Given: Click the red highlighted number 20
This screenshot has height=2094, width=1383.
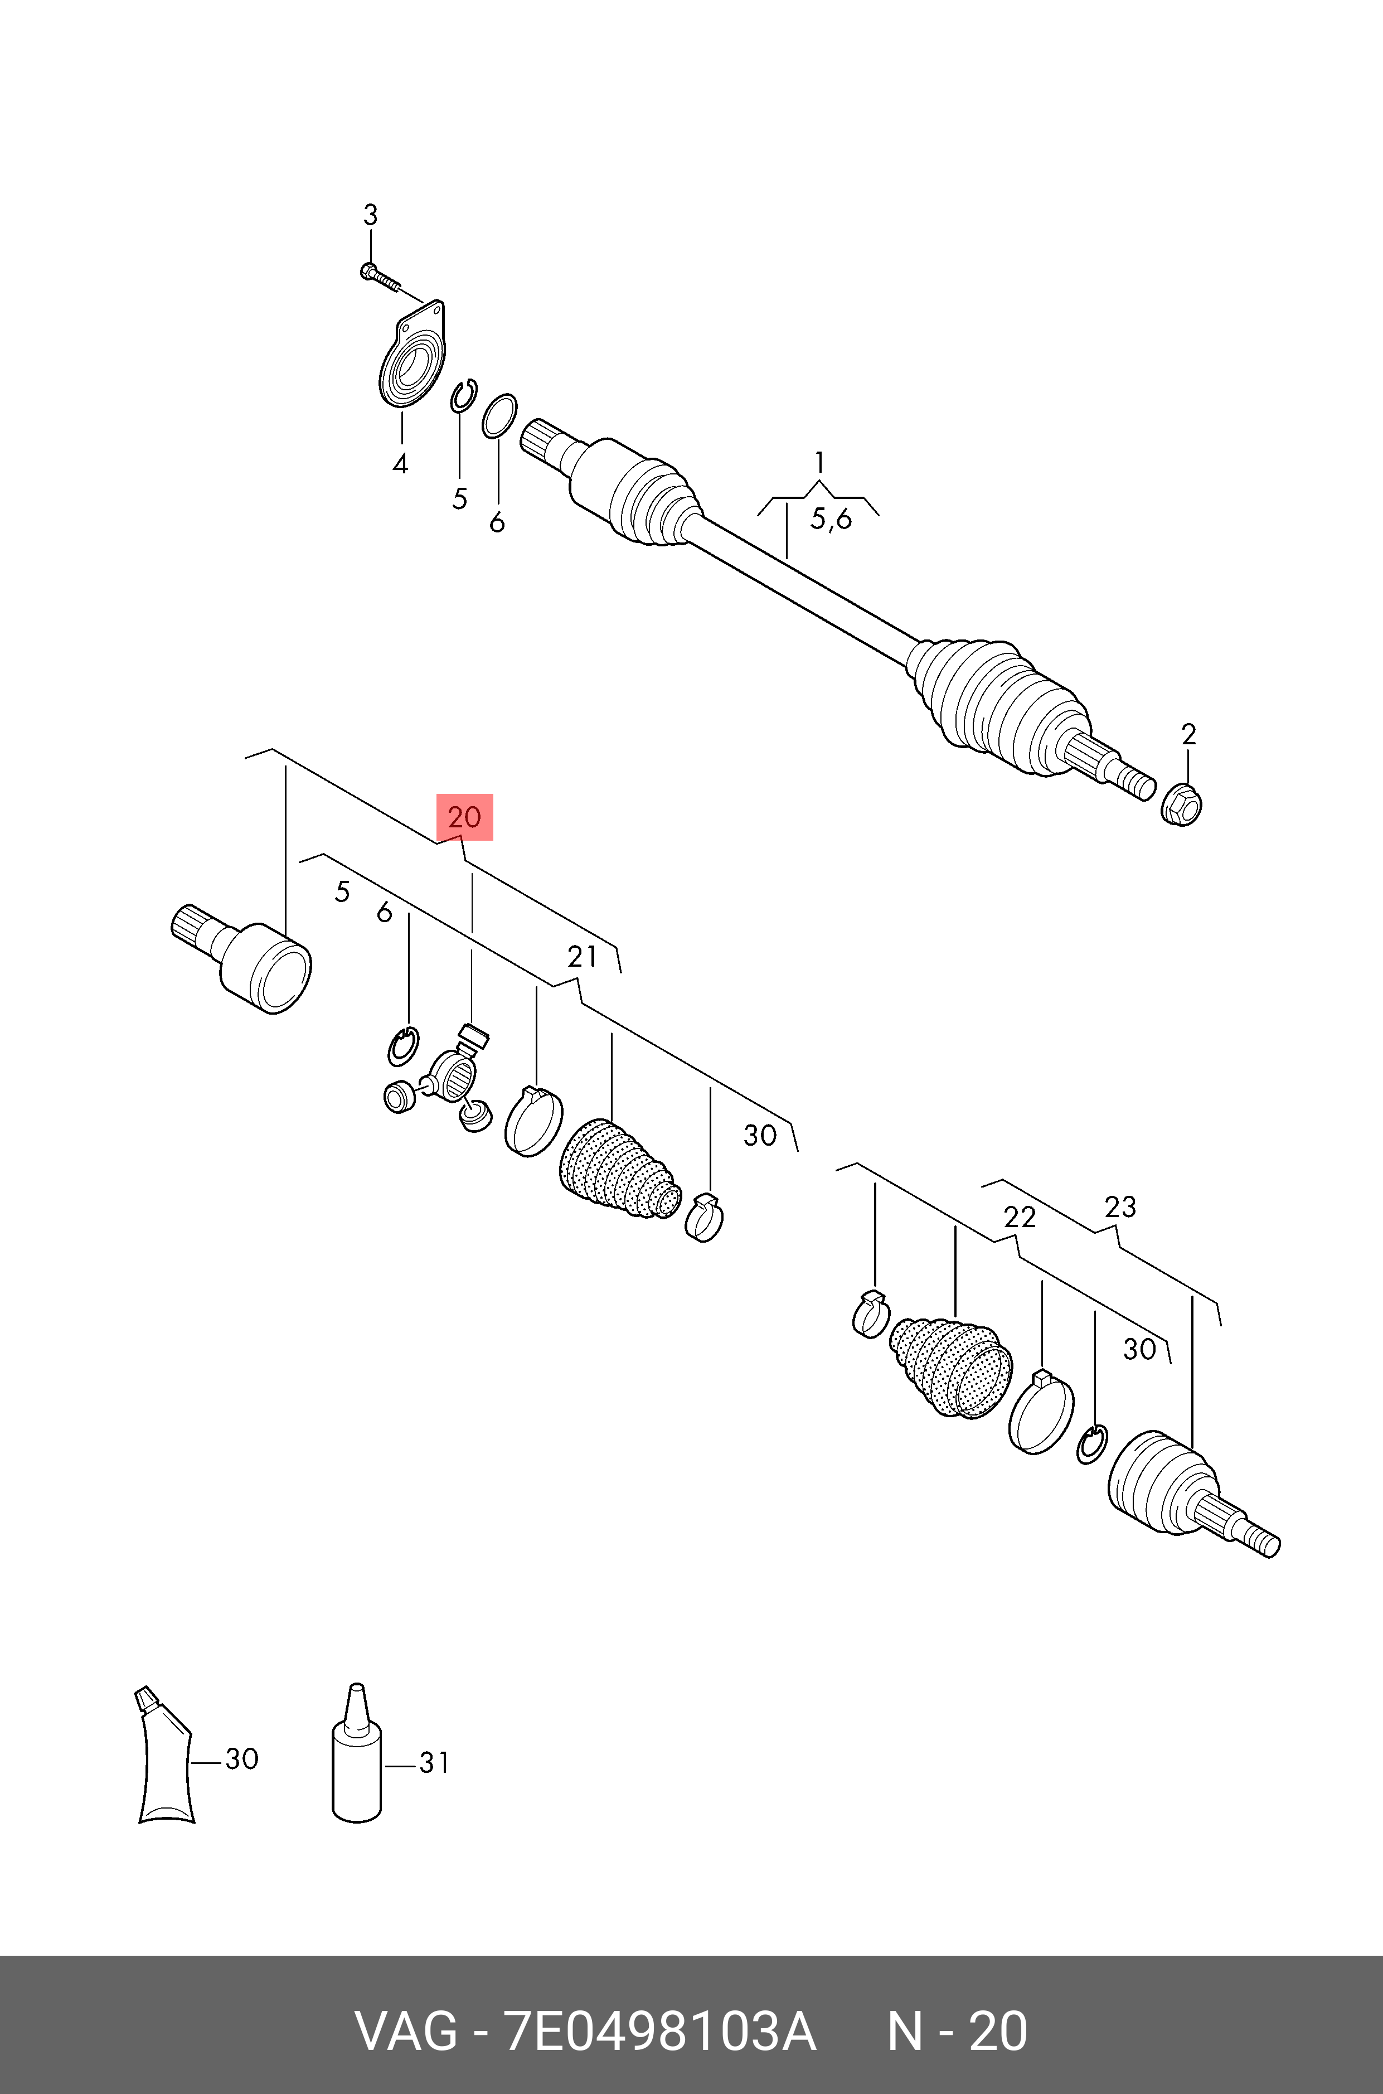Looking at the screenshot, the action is pos(465,817).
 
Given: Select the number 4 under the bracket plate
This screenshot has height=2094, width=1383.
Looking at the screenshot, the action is pos(400,463).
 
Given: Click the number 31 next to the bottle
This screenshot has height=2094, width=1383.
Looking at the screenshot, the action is pos(434,1762).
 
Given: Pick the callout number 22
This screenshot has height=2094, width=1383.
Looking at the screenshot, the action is pos(1020,1217).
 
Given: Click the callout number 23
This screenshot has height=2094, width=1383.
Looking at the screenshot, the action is pos(1120,1206).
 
